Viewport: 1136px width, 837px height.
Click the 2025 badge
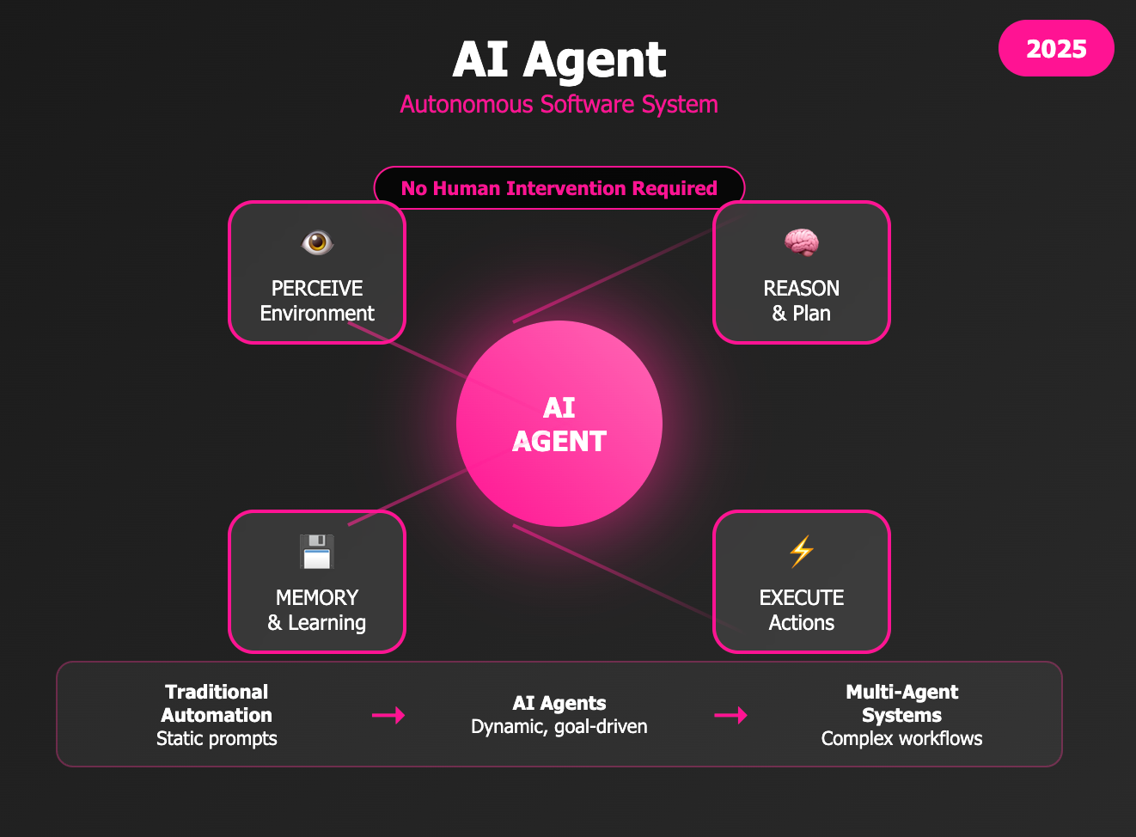(1056, 49)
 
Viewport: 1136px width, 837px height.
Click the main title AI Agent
(559, 59)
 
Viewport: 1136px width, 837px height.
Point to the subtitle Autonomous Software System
(559, 105)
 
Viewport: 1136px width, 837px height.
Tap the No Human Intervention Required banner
(559, 188)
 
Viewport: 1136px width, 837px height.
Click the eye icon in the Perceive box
(317, 242)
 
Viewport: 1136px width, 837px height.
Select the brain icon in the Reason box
(802, 242)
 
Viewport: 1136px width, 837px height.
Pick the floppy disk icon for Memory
(317, 552)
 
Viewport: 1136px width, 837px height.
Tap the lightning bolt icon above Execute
(802, 552)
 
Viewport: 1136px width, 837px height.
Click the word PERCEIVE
(317, 288)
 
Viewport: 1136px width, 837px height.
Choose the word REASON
(802, 288)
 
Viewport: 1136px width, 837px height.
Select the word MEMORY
(317, 597)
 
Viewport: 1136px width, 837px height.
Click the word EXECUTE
(802, 597)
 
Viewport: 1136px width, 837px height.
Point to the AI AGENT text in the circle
(559, 425)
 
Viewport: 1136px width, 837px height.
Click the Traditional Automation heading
(217, 704)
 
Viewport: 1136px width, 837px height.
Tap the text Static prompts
(217, 739)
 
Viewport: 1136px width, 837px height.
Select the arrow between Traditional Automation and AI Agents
(388, 715)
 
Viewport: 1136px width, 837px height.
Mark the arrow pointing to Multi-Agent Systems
(730, 715)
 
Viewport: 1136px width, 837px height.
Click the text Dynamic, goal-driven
(559, 727)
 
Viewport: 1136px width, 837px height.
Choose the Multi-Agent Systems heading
(902, 704)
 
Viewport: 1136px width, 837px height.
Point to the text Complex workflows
(902, 739)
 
